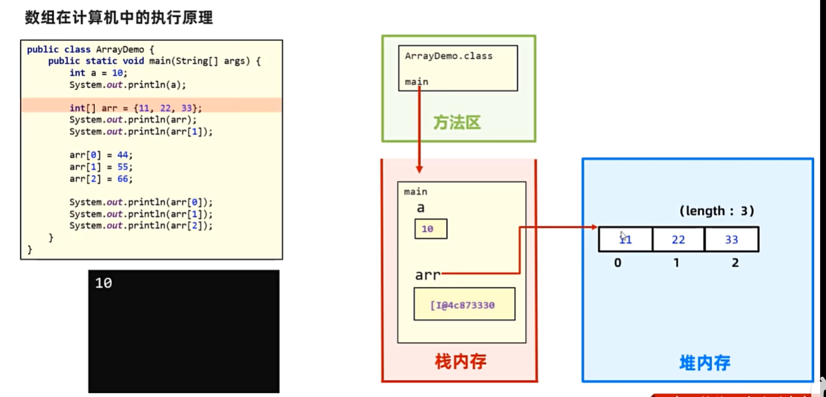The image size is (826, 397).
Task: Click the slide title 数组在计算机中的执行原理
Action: point(119,18)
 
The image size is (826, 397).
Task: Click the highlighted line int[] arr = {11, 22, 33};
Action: point(135,107)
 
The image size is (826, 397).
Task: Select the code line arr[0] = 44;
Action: point(101,155)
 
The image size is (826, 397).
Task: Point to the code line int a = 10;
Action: point(98,73)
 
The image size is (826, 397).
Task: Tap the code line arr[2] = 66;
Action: point(101,179)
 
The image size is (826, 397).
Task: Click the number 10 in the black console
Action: point(103,283)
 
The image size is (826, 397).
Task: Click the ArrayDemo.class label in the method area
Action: point(449,56)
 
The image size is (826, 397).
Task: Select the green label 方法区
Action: point(457,123)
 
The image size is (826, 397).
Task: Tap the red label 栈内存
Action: point(461,362)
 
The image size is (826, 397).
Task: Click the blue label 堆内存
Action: point(705,363)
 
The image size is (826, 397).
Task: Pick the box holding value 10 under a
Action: point(430,229)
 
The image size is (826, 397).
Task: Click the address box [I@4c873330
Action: point(464,305)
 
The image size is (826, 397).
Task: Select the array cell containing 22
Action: point(678,240)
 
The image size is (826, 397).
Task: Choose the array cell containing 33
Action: point(731,240)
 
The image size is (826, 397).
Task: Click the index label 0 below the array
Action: point(617,263)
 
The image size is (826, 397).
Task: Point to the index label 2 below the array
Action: point(735,263)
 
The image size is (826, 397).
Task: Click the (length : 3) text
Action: point(717,211)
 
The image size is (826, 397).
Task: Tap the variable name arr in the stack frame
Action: point(427,275)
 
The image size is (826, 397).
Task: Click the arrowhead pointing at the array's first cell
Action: point(593,227)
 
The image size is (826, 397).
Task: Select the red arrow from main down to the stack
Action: point(419,127)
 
